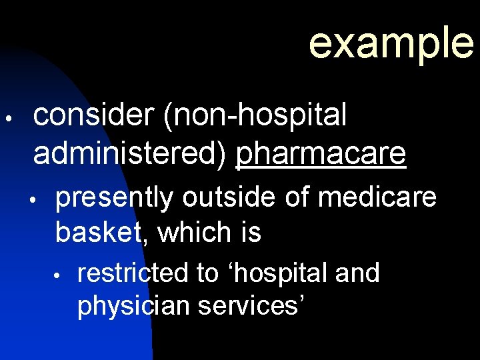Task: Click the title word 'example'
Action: click(x=391, y=42)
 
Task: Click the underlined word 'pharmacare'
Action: click(x=321, y=153)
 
